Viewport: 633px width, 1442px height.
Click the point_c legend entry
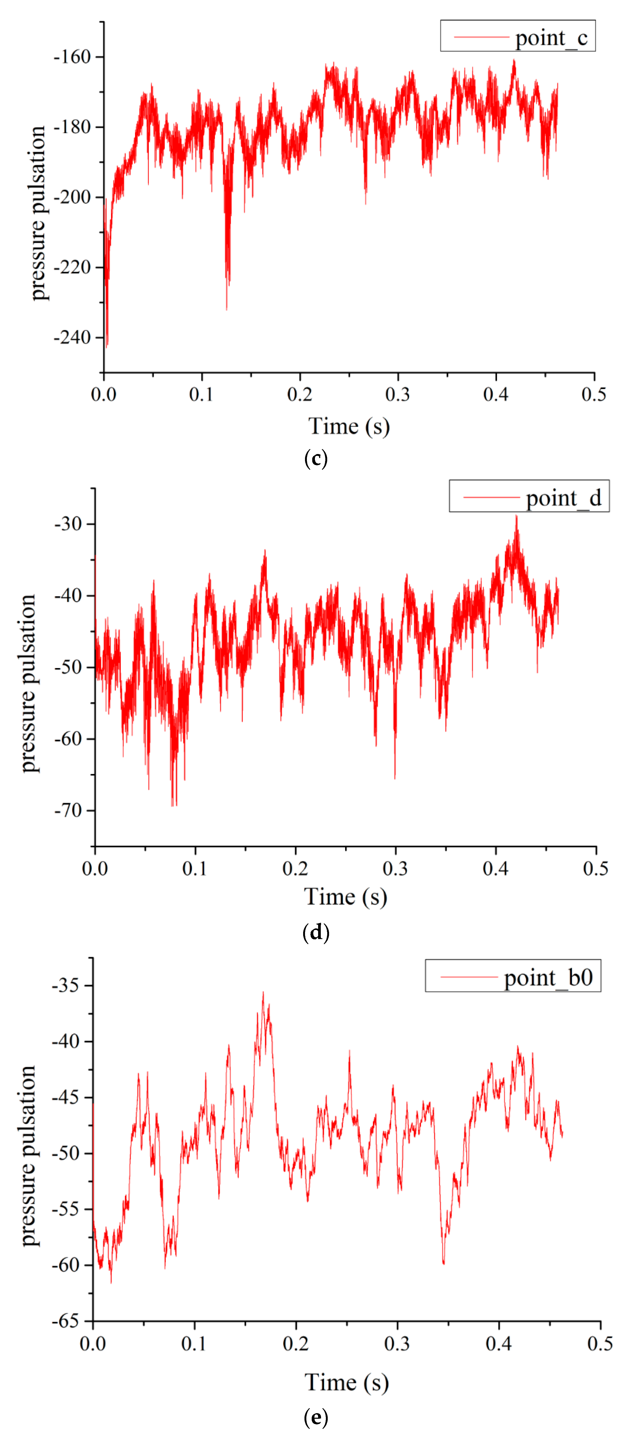(518, 37)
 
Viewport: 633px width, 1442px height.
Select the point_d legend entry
(529, 497)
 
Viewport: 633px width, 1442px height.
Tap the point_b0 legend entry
(512, 977)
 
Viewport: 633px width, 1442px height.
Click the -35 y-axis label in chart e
(65, 985)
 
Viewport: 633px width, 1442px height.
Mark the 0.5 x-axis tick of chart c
(594, 395)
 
